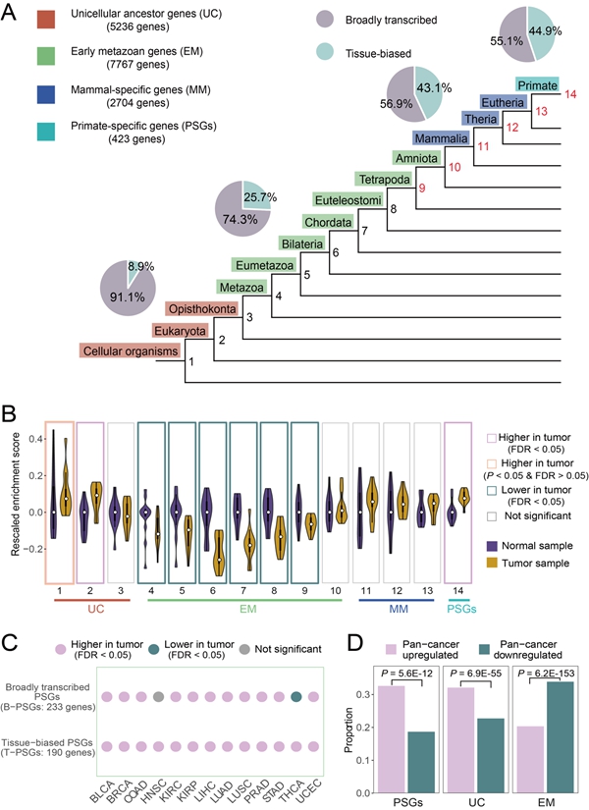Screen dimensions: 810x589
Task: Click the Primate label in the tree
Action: (x=537, y=85)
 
